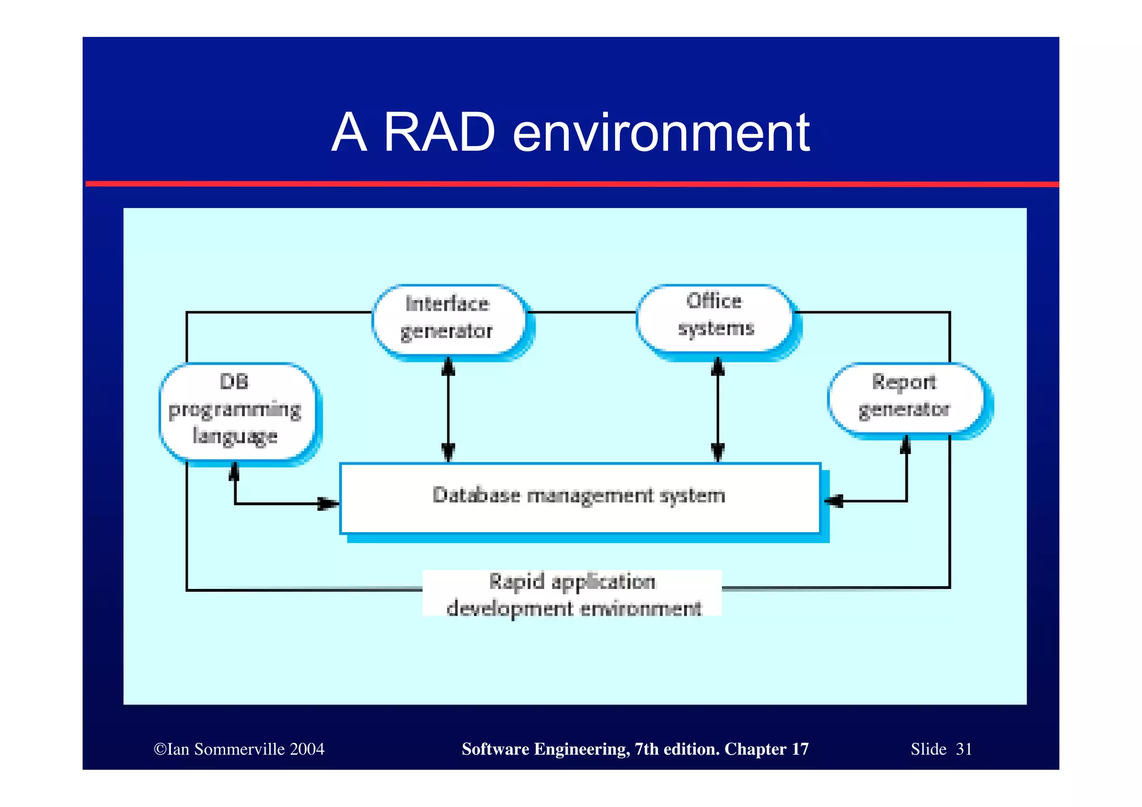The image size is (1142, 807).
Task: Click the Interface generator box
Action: tap(448, 318)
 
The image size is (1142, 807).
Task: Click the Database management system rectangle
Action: tap(580, 498)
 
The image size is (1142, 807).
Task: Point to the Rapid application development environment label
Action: tap(573, 595)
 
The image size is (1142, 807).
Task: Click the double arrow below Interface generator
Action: tap(448, 410)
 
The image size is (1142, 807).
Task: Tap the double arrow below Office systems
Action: tap(718, 410)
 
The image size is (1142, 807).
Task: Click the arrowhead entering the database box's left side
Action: tap(329, 504)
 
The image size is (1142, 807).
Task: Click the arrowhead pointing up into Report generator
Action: tap(906, 444)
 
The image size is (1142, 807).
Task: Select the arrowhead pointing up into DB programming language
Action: tap(235, 472)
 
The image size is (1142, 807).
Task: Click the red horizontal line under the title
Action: tap(571, 183)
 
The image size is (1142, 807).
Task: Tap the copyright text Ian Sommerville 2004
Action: tap(239, 749)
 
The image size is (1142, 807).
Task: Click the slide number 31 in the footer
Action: tap(964, 749)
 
